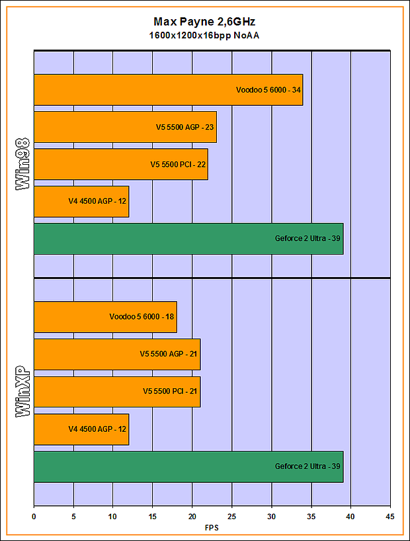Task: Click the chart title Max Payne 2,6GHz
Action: pyautogui.click(x=204, y=22)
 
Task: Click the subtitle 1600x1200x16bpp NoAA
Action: pyautogui.click(x=204, y=35)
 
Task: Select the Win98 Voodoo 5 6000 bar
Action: pyautogui.click(x=168, y=89)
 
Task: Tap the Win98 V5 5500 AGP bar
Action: pyautogui.click(x=125, y=127)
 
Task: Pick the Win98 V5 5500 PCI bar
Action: pyautogui.click(x=121, y=165)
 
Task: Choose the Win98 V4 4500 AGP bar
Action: pyautogui.click(x=81, y=202)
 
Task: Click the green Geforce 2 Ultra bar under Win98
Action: pyautogui.click(x=188, y=239)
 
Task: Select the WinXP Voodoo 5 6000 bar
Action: pyautogui.click(x=105, y=317)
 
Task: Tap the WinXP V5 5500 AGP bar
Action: pyautogui.click(x=117, y=354)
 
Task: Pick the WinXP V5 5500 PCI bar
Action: pyautogui.click(x=117, y=392)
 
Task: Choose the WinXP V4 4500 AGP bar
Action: pyautogui.click(x=81, y=429)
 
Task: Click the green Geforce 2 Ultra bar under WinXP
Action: pyautogui.click(x=188, y=466)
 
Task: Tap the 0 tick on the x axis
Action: pyautogui.click(x=34, y=517)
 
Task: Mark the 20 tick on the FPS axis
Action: pyautogui.click(x=192, y=517)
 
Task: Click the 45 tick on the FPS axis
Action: pyautogui.click(x=390, y=517)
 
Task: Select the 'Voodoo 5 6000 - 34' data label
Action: pyautogui.click(x=268, y=89)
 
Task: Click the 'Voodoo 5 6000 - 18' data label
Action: pyautogui.click(x=142, y=317)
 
